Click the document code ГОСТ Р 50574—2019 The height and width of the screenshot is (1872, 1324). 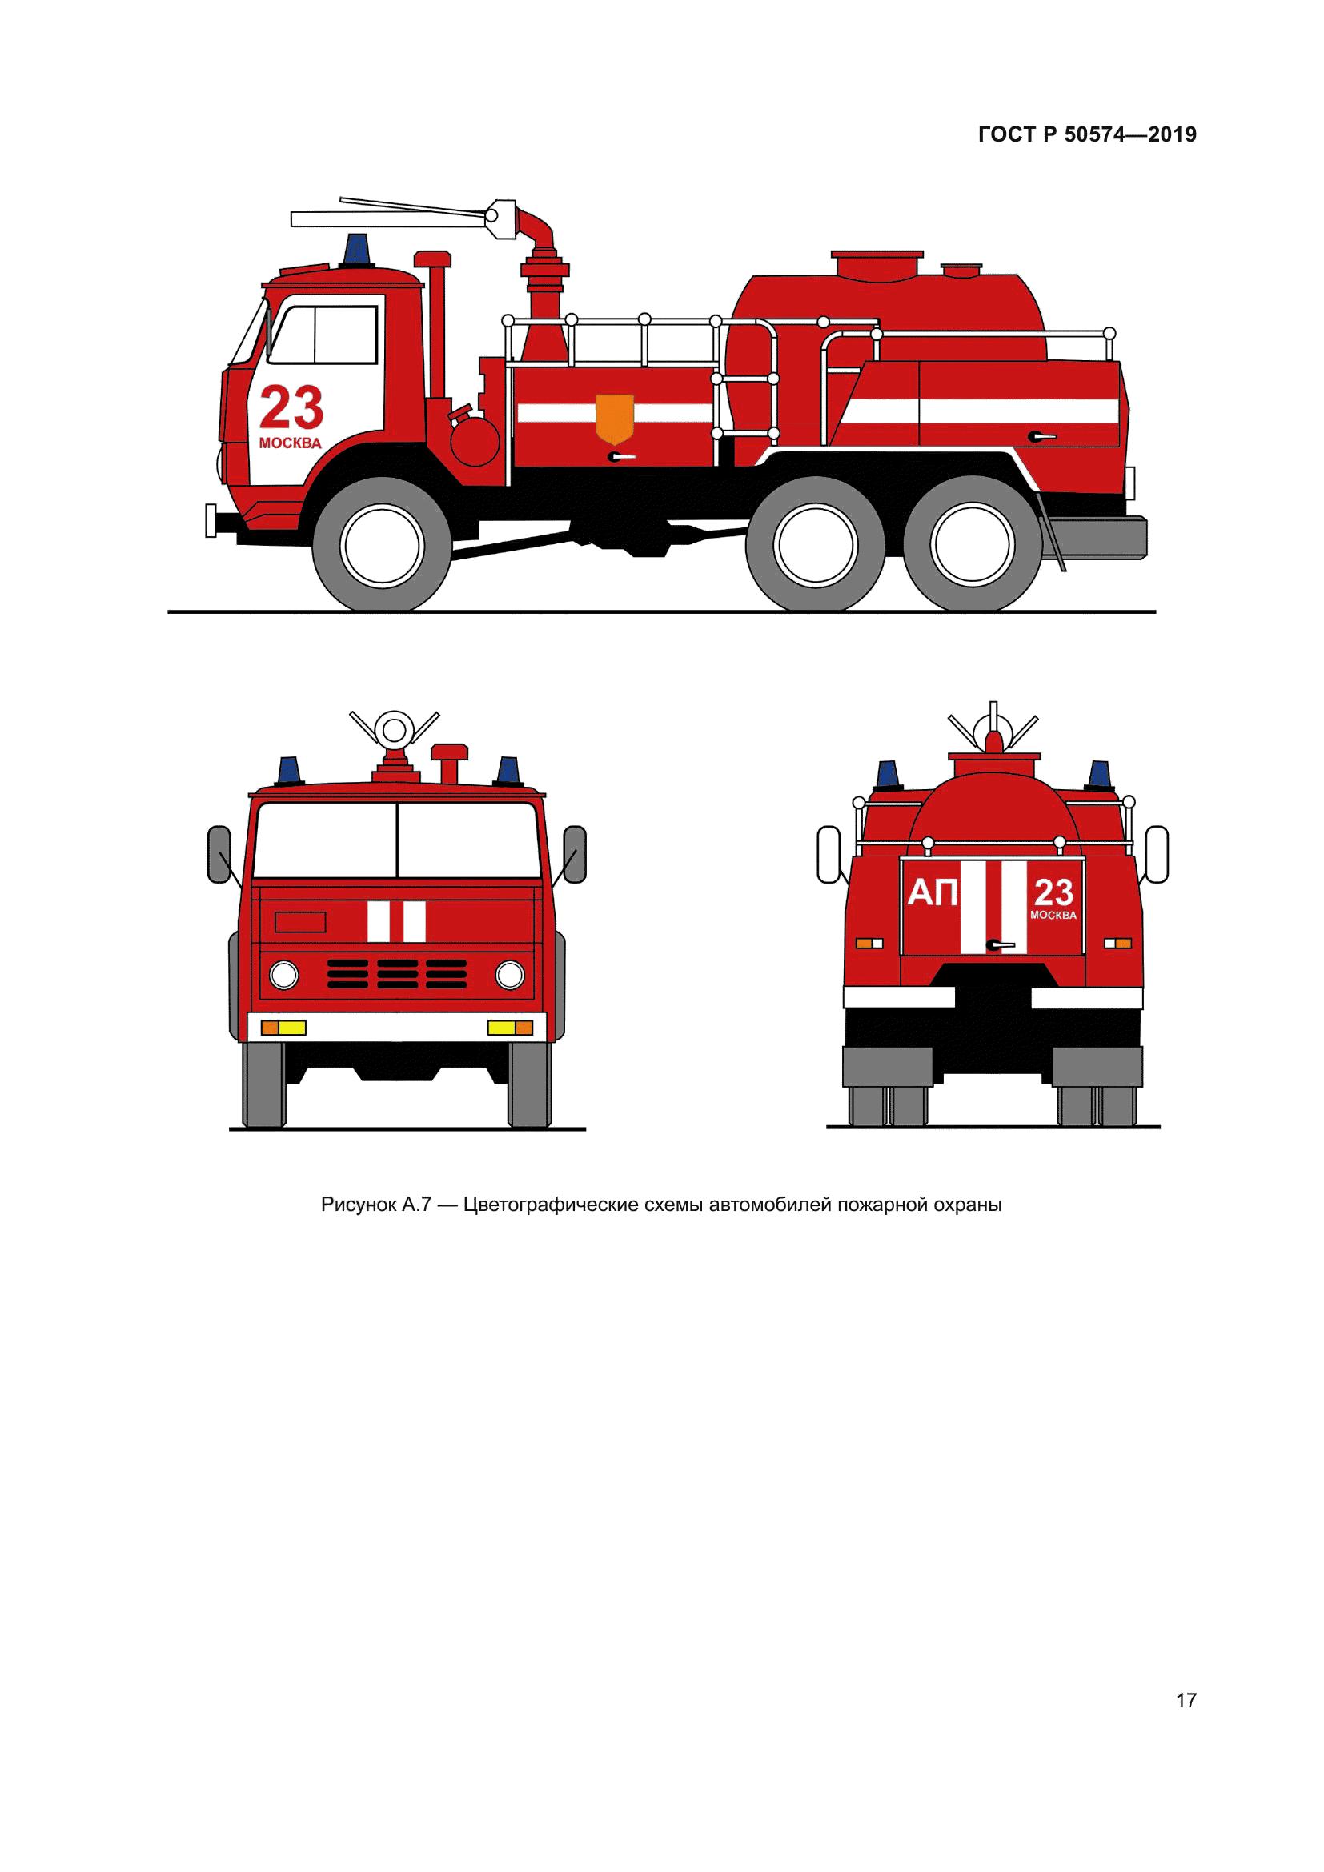[x=1087, y=134]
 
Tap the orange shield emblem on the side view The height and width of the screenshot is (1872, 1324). [x=615, y=419]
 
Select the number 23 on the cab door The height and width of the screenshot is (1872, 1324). [x=291, y=407]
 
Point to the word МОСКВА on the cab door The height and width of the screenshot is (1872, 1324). [x=291, y=444]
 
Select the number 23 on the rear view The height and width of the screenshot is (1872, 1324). [x=1053, y=893]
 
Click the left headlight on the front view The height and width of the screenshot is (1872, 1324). [x=284, y=974]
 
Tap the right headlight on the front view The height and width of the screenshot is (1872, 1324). [x=510, y=974]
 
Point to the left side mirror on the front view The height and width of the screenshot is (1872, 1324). [x=219, y=855]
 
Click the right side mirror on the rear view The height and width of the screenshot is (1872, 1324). [x=1157, y=854]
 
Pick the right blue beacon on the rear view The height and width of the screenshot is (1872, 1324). [x=1100, y=776]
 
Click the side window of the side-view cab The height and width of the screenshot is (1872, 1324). [x=324, y=335]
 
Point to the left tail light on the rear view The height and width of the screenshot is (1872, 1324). [x=869, y=944]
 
